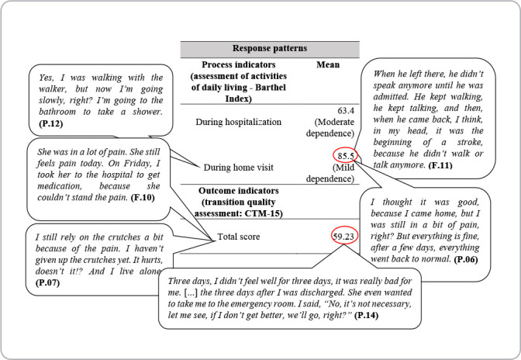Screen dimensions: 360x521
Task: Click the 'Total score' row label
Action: pos(240,236)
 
